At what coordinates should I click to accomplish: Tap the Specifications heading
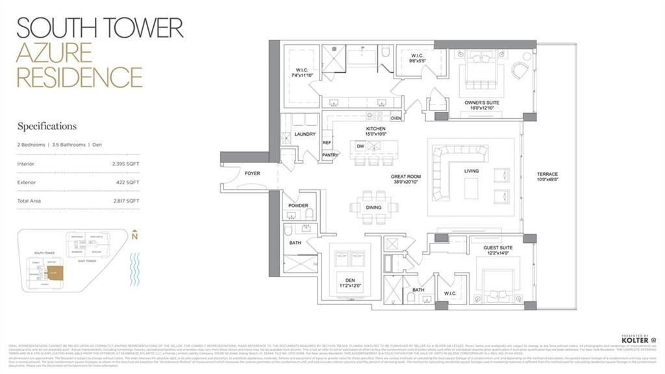click(x=47, y=126)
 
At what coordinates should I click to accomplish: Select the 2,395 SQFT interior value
click(x=125, y=164)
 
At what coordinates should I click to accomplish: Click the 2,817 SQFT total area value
click(x=125, y=201)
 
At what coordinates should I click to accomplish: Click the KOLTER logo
click(x=635, y=340)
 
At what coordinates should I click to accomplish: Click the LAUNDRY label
click(x=304, y=134)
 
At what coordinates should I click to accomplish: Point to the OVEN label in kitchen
click(x=396, y=118)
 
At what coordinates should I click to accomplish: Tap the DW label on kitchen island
click(x=360, y=146)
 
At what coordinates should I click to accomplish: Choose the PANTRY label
click(x=330, y=155)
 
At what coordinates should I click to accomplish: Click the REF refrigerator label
click(x=327, y=142)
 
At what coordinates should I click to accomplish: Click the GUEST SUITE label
click(x=499, y=248)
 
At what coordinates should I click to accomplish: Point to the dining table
click(x=373, y=208)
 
